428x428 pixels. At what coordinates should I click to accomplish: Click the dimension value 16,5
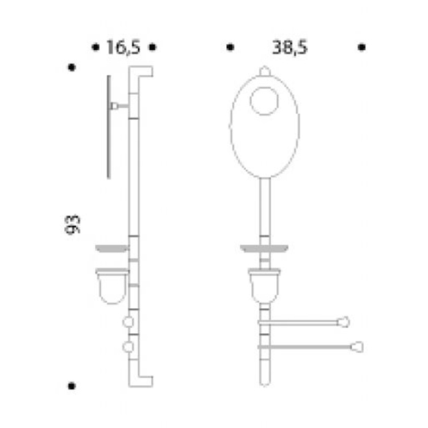click(x=124, y=47)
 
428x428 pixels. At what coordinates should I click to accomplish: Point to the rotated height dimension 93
click(x=72, y=224)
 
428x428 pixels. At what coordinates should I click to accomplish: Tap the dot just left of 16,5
click(x=95, y=47)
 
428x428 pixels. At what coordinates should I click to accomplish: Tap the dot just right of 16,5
click(x=153, y=47)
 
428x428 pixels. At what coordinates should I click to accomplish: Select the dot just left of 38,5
click(x=231, y=47)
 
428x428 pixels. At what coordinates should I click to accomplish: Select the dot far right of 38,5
click(x=362, y=47)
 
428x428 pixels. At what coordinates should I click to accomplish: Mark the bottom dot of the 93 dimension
click(x=72, y=386)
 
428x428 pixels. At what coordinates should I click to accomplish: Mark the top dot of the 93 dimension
click(x=72, y=67)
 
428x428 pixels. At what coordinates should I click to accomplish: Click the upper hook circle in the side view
click(x=128, y=322)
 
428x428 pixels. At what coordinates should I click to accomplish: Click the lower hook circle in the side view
click(x=128, y=347)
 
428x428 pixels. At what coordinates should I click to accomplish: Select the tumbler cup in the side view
click(x=112, y=286)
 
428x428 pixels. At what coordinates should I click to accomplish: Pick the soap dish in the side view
click(x=112, y=248)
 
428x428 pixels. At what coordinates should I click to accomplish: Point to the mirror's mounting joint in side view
click(x=114, y=106)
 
